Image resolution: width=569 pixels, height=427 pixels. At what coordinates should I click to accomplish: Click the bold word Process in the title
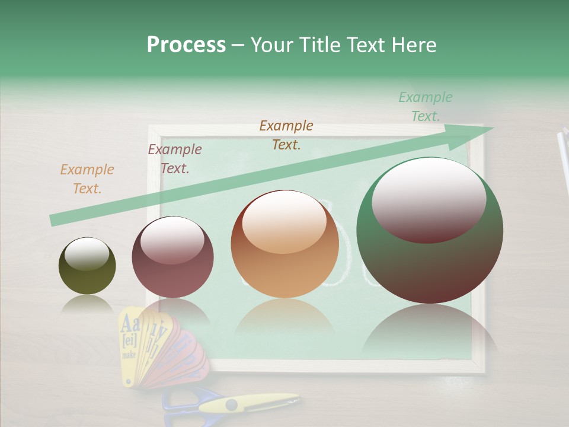[186, 44]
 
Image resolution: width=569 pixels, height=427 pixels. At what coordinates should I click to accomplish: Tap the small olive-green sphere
[87, 266]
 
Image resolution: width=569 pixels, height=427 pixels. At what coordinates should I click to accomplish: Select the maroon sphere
[172, 257]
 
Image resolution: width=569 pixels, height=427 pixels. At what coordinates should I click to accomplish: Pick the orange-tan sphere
[284, 244]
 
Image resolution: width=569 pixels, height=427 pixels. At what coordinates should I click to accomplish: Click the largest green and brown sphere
[430, 231]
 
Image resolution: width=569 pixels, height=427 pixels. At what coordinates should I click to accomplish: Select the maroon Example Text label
[175, 159]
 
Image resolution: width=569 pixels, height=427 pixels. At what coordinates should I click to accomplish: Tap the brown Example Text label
[286, 135]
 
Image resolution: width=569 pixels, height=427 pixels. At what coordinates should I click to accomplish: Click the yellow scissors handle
[249, 403]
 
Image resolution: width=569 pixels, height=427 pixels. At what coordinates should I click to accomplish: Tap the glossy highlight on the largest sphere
[429, 200]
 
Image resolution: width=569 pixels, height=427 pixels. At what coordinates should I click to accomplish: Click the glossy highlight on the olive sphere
[87, 254]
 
